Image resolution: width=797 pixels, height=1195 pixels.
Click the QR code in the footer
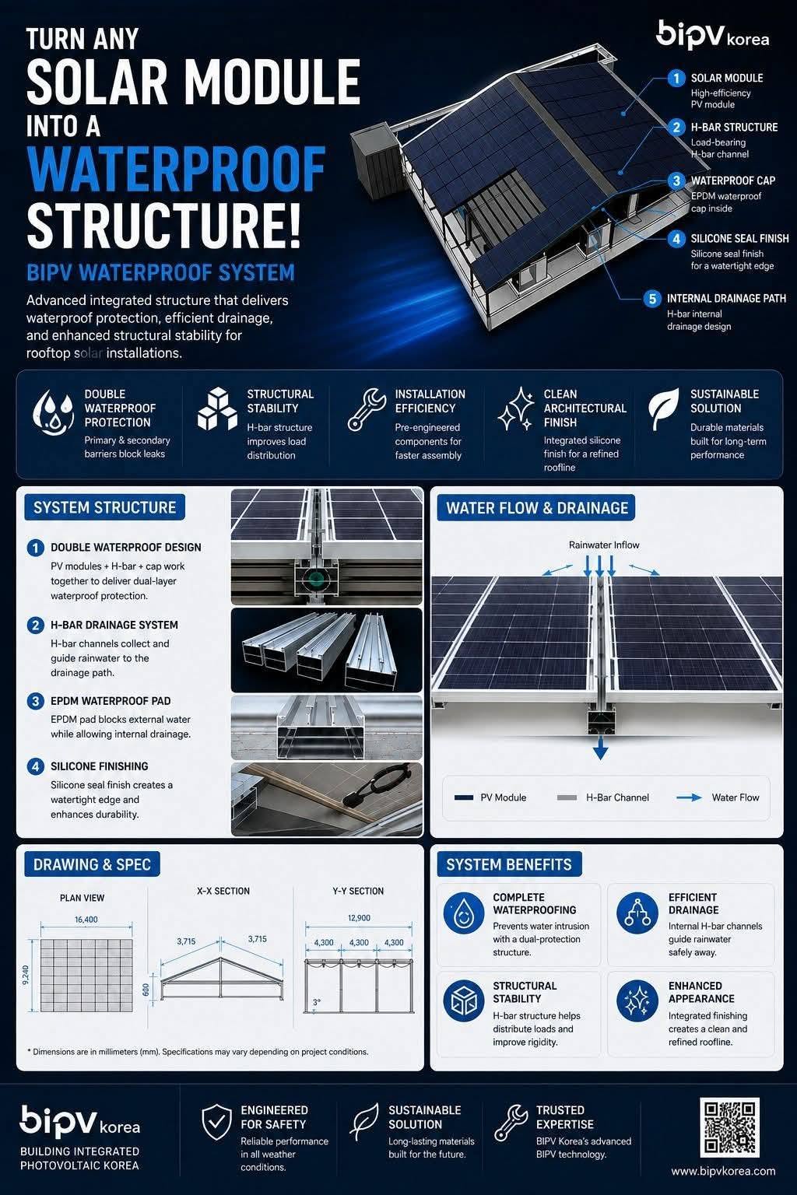[x=729, y=1127]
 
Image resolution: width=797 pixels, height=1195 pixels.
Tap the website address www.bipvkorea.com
[x=723, y=1171]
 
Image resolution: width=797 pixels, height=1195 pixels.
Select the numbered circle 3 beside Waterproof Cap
[x=676, y=180]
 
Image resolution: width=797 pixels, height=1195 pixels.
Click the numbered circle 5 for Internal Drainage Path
[x=651, y=298]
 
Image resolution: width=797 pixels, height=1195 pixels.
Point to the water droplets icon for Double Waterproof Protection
[x=53, y=413]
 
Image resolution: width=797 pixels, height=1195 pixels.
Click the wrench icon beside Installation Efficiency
[x=367, y=409]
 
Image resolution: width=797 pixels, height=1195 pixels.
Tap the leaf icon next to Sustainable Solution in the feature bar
[x=664, y=409]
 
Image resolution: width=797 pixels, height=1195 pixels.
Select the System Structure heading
[x=104, y=506]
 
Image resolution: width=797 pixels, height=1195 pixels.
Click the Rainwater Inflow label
[x=604, y=545]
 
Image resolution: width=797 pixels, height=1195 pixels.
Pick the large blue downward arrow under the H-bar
[x=601, y=748]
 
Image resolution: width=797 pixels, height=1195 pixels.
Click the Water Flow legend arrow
[x=689, y=797]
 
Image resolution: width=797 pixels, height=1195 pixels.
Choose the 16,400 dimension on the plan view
[x=86, y=919]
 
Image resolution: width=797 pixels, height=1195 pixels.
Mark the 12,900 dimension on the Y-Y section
[x=359, y=917]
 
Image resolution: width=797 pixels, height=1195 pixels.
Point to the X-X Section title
[x=223, y=891]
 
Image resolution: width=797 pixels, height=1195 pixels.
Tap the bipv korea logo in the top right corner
[x=713, y=36]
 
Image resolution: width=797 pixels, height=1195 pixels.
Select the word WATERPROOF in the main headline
[x=176, y=169]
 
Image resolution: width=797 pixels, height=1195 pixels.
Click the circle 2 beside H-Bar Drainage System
[x=36, y=625]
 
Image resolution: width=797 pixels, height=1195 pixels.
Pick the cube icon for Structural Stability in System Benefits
[x=464, y=1001]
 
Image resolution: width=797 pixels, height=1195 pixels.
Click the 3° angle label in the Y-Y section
[x=317, y=1002]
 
